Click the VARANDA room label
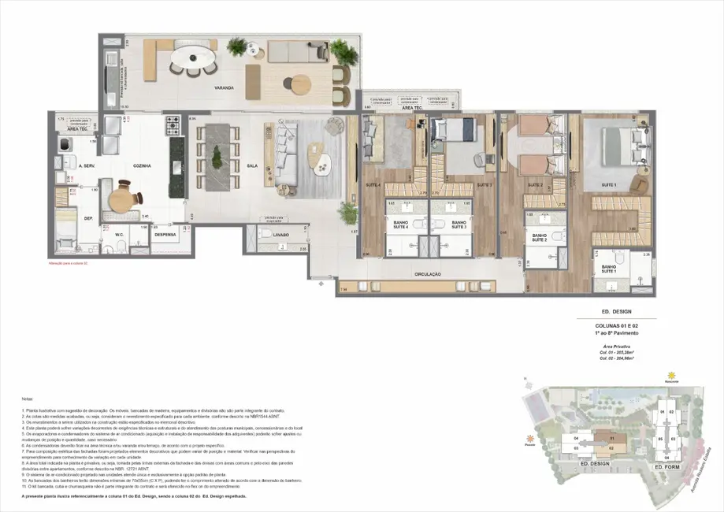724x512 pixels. pos(223,88)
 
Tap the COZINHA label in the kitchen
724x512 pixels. pos(142,166)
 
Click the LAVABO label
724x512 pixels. pos(281,235)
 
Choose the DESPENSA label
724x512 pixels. pos(165,234)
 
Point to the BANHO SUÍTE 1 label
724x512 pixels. pos(609,269)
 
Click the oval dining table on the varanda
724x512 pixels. pos(192,58)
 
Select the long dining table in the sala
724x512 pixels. pos(215,147)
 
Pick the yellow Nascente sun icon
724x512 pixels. pos(672,375)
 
